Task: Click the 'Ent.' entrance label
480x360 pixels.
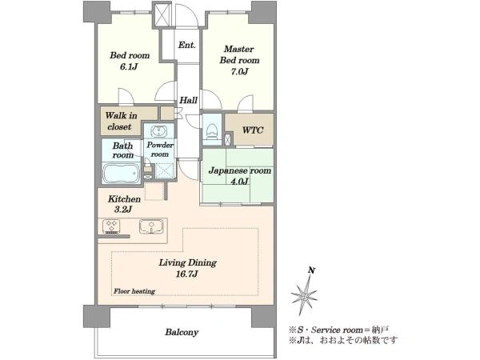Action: pyautogui.click(x=186, y=45)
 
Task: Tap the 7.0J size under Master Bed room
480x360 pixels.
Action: pyautogui.click(x=239, y=71)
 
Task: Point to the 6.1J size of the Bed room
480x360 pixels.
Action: pyautogui.click(x=129, y=66)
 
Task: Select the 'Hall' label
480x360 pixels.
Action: pyautogui.click(x=188, y=100)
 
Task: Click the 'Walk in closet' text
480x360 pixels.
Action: pyautogui.click(x=121, y=121)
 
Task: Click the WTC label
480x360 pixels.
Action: pyautogui.click(x=253, y=130)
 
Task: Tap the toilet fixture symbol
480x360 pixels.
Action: pyautogui.click(x=212, y=130)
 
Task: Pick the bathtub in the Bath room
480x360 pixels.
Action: pyautogui.click(x=121, y=174)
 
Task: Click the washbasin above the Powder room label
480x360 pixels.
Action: pyautogui.click(x=159, y=131)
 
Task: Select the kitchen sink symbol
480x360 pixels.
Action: pyautogui.click(x=151, y=226)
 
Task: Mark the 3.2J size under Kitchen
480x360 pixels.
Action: pyautogui.click(x=123, y=210)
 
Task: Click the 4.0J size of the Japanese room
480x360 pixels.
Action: pyautogui.click(x=239, y=182)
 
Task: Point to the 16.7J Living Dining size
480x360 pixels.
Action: pyautogui.click(x=186, y=274)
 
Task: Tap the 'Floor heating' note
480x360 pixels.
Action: pyautogui.click(x=134, y=291)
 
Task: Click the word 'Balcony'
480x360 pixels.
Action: pyautogui.click(x=182, y=332)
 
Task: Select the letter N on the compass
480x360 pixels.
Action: pyautogui.click(x=312, y=270)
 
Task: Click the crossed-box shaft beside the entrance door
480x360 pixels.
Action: pyautogui.click(x=162, y=14)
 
